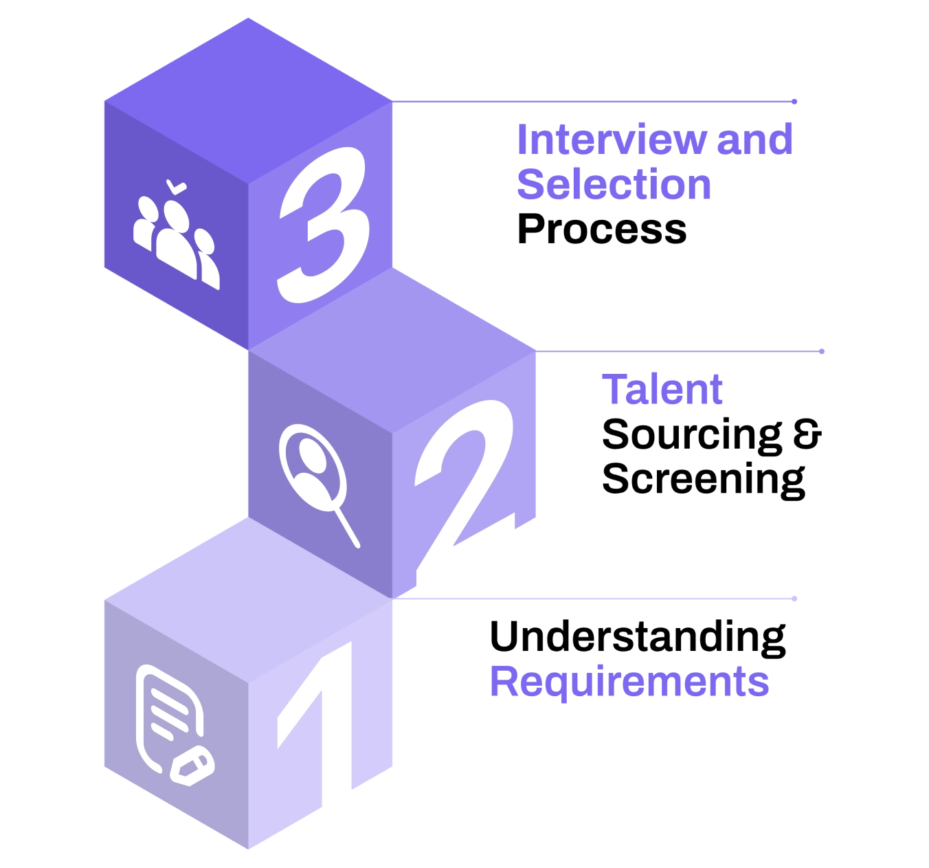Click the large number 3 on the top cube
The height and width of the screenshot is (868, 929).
tap(323, 227)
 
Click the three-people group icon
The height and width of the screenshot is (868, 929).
tap(177, 237)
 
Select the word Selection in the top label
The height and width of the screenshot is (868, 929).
tap(614, 184)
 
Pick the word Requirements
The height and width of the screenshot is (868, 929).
tap(629, 682)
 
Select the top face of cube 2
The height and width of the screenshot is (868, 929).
tap(392, 350)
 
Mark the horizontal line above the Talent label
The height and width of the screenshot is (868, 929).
tap(680, 352)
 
